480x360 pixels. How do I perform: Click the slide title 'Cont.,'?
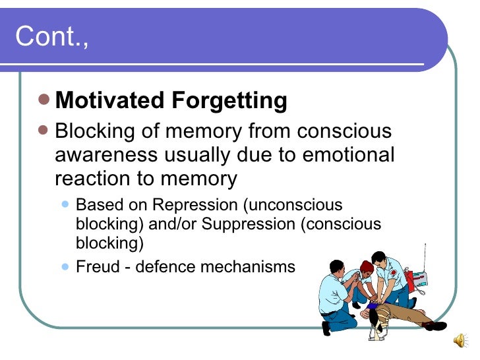click(x=51, y=37)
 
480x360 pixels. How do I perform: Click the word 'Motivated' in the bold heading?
click(x=110, y=101)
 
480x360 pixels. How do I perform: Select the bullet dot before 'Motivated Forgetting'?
click(x=44, y=100)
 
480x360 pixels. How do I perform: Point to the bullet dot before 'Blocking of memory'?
click(x=44, y=130)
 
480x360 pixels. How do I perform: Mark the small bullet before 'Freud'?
click(x=65, y=266)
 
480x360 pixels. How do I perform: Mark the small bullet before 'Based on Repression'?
click(x=65, y=205)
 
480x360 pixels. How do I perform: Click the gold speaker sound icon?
click(x=460, y=340)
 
